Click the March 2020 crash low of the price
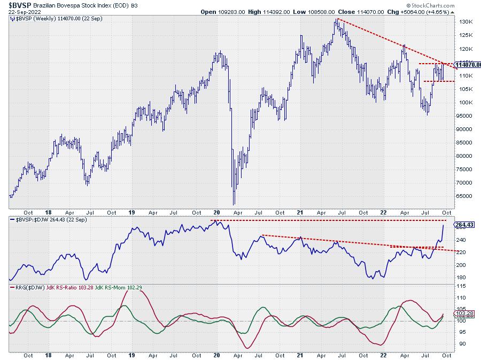tap(234, 204)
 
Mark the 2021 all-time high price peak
tap(337, 19)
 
